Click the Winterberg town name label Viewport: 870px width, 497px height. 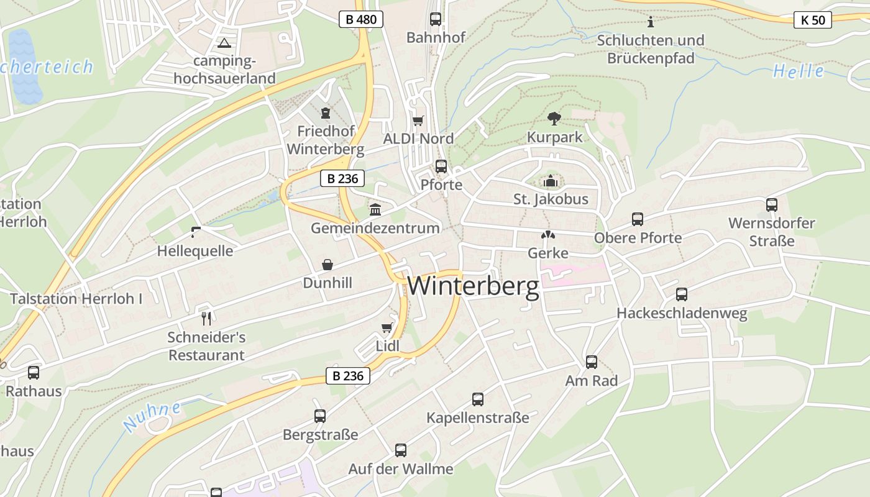[474, 286]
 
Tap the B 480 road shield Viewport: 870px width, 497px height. [361, 19]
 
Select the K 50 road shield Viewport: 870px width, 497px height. [813, 20]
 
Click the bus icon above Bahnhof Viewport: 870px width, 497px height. [436, 19]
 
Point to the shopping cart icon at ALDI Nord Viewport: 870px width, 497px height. [418, 121]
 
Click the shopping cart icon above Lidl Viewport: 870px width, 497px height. [387, 327]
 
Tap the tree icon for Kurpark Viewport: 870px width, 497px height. [554, 118]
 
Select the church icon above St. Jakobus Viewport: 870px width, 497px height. [551, 181]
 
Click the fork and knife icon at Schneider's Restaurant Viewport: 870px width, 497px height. [207, 319]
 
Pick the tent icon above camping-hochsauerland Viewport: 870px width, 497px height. [224, 43]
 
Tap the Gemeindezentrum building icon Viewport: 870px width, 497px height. [375, 210]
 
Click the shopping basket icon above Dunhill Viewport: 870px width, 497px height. [327, 265]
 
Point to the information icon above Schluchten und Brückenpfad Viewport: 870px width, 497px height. [651, 22]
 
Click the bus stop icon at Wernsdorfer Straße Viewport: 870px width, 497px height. [772, 204]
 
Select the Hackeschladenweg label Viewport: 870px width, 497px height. [682, 314]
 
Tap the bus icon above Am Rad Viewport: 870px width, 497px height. [592, 362]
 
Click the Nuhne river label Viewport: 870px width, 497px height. [153, 416]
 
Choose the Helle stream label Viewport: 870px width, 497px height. [799, 71]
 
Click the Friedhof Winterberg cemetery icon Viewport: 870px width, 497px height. [326, 113]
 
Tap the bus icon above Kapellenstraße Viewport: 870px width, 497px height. [478, 399]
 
